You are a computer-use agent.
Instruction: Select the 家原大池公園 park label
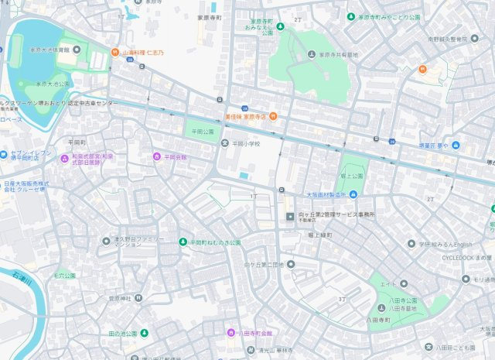(x=52, y=84)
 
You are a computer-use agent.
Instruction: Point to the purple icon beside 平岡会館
(x=157, y=156)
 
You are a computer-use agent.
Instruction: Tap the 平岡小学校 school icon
(x=225, y=144)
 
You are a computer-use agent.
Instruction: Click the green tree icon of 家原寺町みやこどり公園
(x=351, y=16)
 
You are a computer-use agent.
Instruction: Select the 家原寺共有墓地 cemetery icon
(x=312, y=55)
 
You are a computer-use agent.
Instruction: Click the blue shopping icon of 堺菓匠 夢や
(x=456, y=146)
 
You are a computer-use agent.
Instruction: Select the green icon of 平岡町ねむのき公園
(x=183, y=242)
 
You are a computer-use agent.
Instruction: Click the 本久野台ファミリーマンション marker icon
(x=107, y=241)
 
